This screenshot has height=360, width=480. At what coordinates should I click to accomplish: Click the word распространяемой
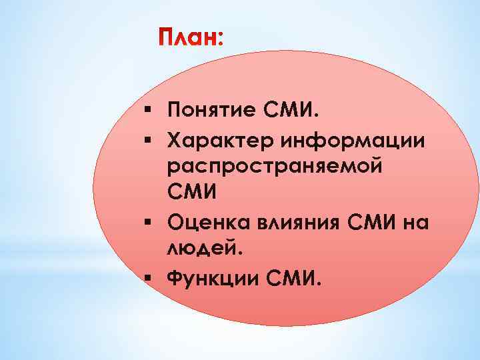click(275, 165)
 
